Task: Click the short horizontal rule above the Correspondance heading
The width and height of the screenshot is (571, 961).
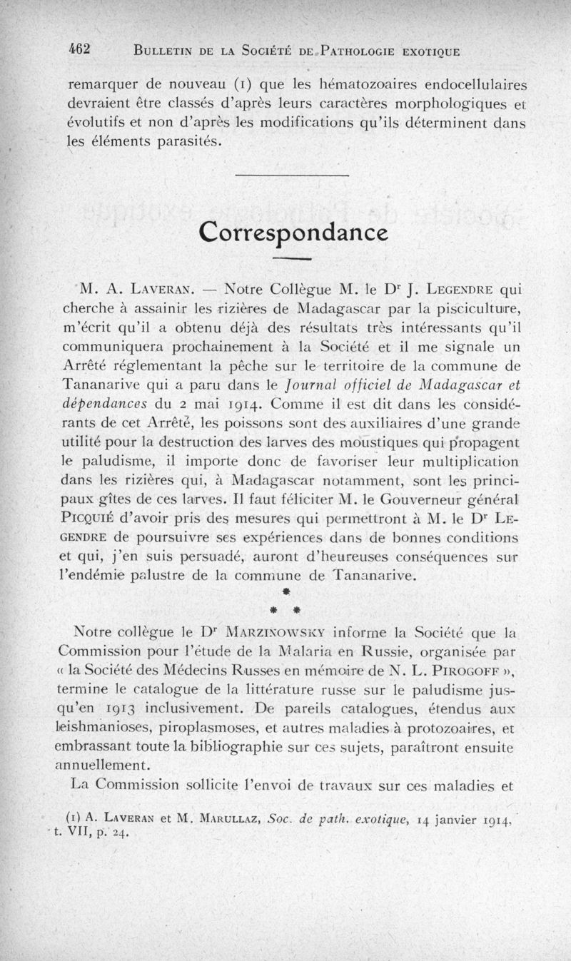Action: [x=291, y=176]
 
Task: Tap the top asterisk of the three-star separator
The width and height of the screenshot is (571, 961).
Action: [x=285, y=592]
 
